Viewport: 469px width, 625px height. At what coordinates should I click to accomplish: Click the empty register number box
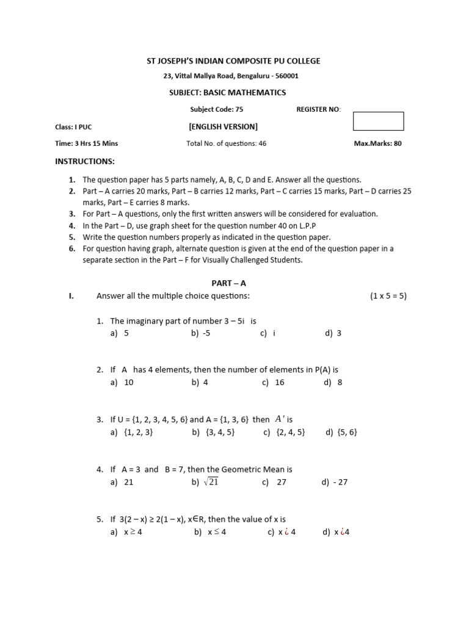(x=378, y=121)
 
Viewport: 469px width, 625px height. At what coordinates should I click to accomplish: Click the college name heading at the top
(x=234, y=61)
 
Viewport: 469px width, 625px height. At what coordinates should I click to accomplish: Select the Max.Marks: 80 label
(x=377, y=144)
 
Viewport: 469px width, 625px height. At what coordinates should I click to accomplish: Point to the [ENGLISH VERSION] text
(x=223, y=127)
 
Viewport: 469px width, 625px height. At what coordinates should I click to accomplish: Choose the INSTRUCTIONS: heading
(x=85, y=161)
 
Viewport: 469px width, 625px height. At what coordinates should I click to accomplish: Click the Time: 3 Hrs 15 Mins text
(x=87, y=144)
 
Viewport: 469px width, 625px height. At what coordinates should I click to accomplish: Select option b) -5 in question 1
(x=200, y=333)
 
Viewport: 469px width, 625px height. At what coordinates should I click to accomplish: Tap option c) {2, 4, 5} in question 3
(x=284, y=432)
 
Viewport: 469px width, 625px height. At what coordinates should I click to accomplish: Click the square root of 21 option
(x=205, y=482)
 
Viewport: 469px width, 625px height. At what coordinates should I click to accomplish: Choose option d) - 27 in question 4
(x=334, y=482)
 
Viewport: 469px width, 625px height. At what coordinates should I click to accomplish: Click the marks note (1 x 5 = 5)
(x=388, y=296)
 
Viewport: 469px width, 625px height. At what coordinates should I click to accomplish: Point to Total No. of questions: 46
(x=226, y=144)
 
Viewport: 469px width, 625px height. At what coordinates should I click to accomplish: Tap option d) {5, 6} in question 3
(x=341, y=432)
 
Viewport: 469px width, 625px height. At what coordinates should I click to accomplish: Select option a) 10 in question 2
(x=122, y=383)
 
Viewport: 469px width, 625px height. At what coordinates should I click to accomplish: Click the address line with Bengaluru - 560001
(x=231, y=76)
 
